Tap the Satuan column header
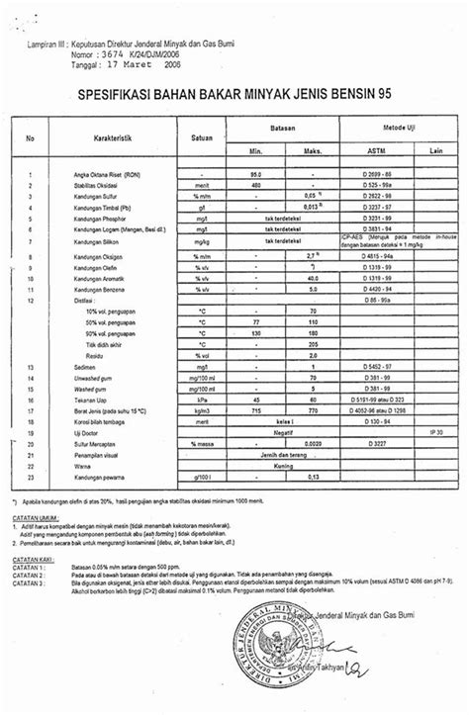(204, 137)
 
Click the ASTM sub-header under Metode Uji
(361, 154)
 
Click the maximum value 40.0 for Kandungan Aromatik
(313, 280)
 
